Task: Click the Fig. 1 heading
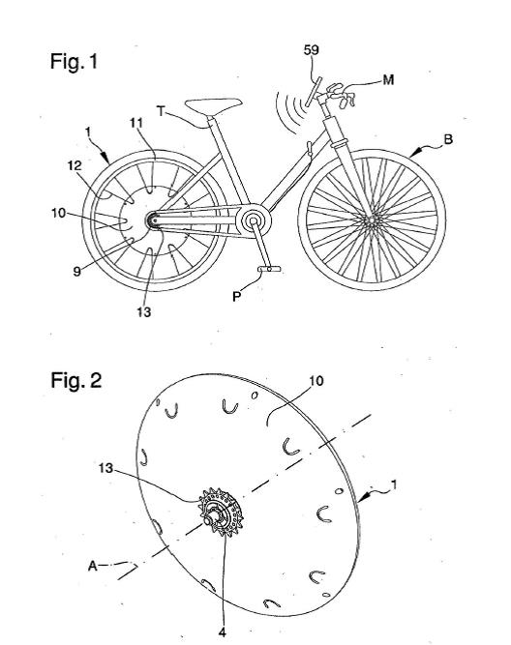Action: (x=75, y=62)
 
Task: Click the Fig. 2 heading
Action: (x=75, y=380)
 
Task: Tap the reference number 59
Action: (x=312, y=49)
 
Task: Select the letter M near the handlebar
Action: (x=388, y=79)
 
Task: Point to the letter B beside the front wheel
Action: (x=448, y=140)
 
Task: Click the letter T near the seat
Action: (x=161, y=111)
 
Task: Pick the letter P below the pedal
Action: (x=236, y=297)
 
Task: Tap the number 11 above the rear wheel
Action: (x=136, y=123)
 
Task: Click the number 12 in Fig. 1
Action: (x=75, y=165)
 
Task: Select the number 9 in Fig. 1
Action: (x=77, y=272)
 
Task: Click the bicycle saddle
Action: (x=213, y=104)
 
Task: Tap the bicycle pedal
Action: (x=269, y=269)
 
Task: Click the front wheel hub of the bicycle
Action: (x=371, y=220)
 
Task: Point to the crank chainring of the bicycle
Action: (x=253, y=220)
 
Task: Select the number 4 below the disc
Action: (x=222, y=632)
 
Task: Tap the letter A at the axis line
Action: (x=93, y=567)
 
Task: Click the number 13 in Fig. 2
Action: (x=105, y=469)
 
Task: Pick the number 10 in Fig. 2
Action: (x=316, y=381)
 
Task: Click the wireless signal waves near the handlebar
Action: (x=290, y=112)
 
